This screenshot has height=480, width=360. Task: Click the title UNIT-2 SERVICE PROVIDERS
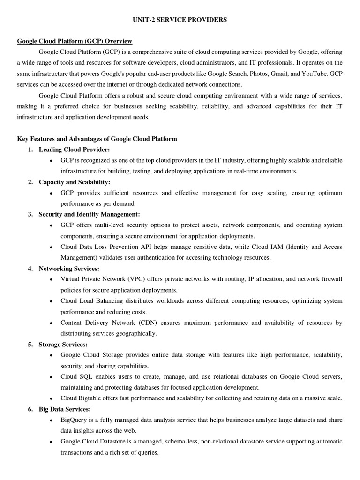[180, 20]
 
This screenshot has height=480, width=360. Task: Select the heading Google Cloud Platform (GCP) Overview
[75, 41]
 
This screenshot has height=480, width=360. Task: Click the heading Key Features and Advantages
[97, 139]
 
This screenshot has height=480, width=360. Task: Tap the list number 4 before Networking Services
[30, 268]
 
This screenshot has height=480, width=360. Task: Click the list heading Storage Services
[63, 344]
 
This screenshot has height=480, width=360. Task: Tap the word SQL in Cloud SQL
[86, 376]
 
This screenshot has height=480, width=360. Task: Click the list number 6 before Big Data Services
[30, 409]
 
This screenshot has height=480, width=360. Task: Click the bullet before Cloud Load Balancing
[51, 301]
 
